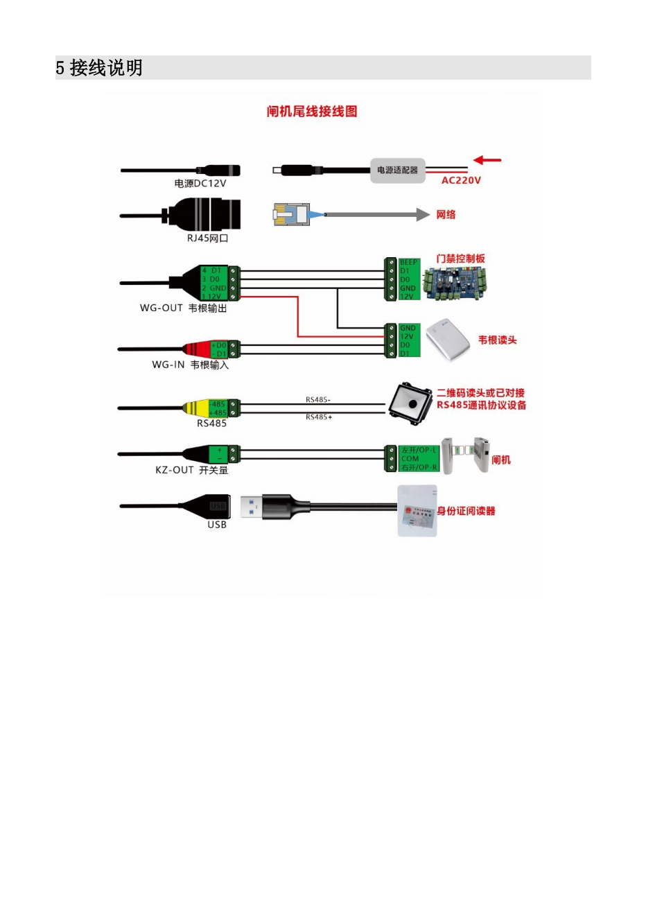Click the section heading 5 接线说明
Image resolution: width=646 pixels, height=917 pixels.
click(99, 68)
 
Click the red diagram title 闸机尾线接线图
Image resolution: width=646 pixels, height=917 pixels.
click(312, 112)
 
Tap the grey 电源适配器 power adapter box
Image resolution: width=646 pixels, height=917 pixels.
click(397, 170)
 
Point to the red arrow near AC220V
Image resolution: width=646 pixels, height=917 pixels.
click(487, 160)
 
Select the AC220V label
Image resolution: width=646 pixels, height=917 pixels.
click(461, 180)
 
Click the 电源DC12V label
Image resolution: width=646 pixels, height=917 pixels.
click(200, 184)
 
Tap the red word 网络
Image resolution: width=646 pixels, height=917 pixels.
click(446, 215)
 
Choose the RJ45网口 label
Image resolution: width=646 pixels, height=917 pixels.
click(207, 238)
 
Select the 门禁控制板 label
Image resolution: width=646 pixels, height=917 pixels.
click(460, 259)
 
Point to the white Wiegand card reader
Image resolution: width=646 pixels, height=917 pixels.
click(447, 340)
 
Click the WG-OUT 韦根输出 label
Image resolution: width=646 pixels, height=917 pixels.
click(183, 308)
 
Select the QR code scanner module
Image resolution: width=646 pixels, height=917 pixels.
click(411, 402)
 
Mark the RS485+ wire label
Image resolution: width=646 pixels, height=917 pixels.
click(319, 417)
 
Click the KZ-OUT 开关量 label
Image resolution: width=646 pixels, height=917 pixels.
click(191, 470)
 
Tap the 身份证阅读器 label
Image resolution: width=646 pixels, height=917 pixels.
click(466, 511)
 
